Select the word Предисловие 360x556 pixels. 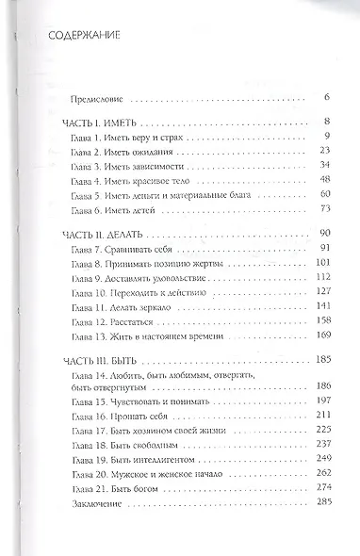(x=98, y=97)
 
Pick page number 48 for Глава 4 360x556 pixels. (x=296, y=178)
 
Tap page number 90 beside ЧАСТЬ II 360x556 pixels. (x=295, y=233)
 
